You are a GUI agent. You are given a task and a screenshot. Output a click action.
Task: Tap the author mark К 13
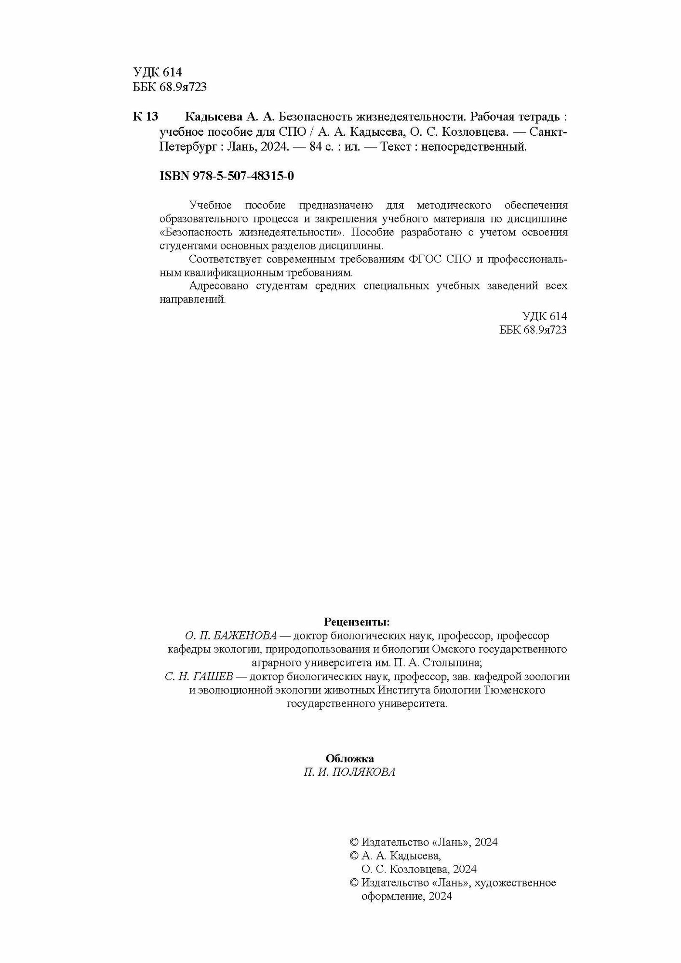[145, 117]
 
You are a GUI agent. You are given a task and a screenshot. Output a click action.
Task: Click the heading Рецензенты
[357, 621]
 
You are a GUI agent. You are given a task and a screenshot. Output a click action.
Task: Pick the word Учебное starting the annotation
[211, 206]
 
